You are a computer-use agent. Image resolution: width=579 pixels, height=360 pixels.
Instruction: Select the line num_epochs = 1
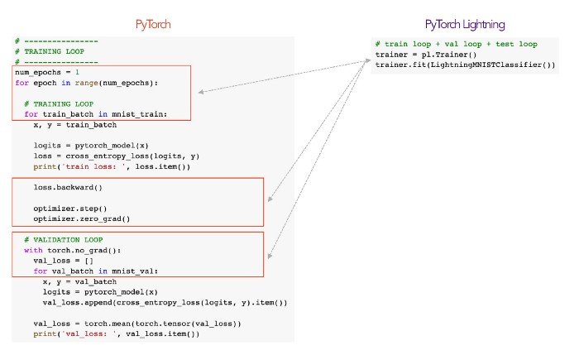click(46, 73)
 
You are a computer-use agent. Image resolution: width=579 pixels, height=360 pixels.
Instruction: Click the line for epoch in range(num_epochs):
click(85, 83)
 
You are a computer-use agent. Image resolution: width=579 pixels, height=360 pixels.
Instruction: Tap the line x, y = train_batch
click(74, 125)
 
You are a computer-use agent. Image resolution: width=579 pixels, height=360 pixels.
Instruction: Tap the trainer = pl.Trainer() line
click(419, 55)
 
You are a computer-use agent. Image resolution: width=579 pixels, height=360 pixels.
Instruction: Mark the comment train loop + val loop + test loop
click(456, 44)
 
